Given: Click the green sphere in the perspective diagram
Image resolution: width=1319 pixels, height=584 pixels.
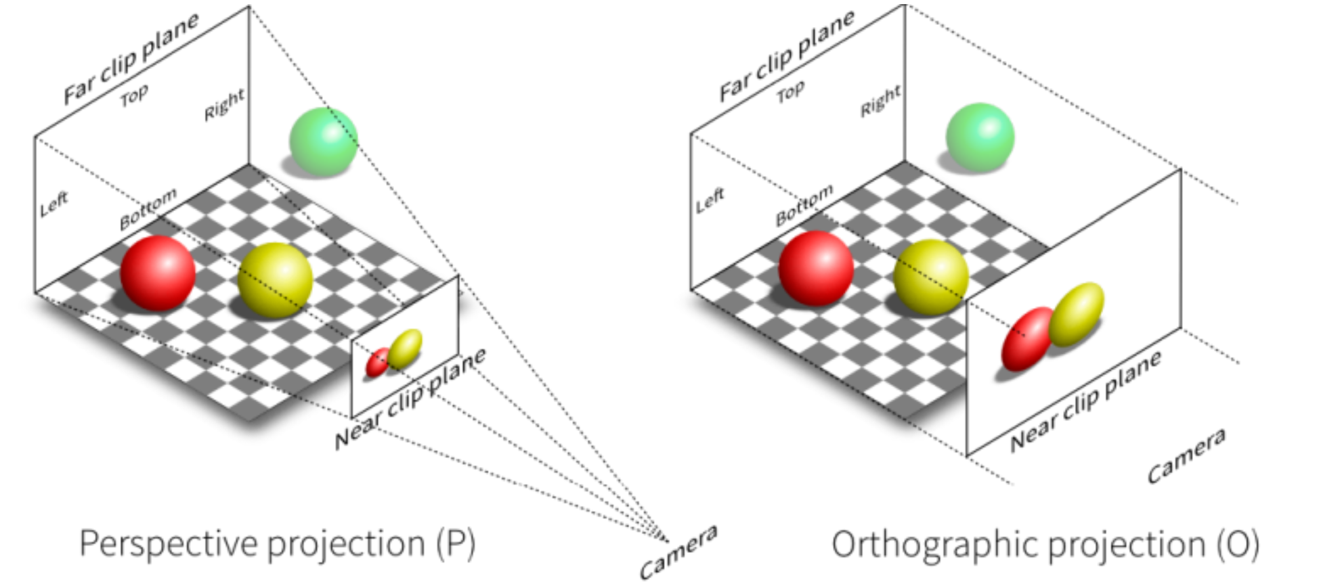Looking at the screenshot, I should [323, 142].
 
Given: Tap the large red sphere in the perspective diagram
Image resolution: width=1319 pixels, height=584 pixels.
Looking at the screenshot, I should [158, 273].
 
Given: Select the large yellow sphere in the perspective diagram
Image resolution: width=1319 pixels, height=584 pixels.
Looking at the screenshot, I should [276, 280].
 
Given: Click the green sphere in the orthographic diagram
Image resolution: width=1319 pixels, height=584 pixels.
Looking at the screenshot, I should [980, 138].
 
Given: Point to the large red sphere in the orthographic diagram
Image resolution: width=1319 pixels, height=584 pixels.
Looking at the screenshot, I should [816, 268].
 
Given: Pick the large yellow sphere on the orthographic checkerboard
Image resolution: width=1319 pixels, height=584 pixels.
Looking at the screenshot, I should [931, 277].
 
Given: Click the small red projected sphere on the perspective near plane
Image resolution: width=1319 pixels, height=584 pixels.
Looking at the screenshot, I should [377, 363].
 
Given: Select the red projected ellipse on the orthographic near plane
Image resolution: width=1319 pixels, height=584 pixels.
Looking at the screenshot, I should [1026, 338].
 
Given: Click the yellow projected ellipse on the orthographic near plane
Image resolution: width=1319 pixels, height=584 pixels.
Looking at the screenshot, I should [1077, 314].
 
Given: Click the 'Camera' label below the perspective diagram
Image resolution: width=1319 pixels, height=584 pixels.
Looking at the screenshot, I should [678, 552].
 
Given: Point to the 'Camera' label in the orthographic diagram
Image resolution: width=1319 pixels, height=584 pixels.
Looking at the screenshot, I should [1186, 455].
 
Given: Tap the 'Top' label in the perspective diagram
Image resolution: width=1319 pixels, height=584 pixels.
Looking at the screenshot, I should [134, 95].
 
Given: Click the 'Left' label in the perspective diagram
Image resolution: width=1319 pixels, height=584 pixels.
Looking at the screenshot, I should [54, 204].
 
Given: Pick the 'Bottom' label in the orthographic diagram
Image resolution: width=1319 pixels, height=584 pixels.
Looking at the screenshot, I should [804, 205].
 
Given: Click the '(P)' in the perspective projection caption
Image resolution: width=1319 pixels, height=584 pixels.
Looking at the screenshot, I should [455, 543].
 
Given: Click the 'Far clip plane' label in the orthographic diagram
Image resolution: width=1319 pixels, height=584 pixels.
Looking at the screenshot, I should [786, 55].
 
